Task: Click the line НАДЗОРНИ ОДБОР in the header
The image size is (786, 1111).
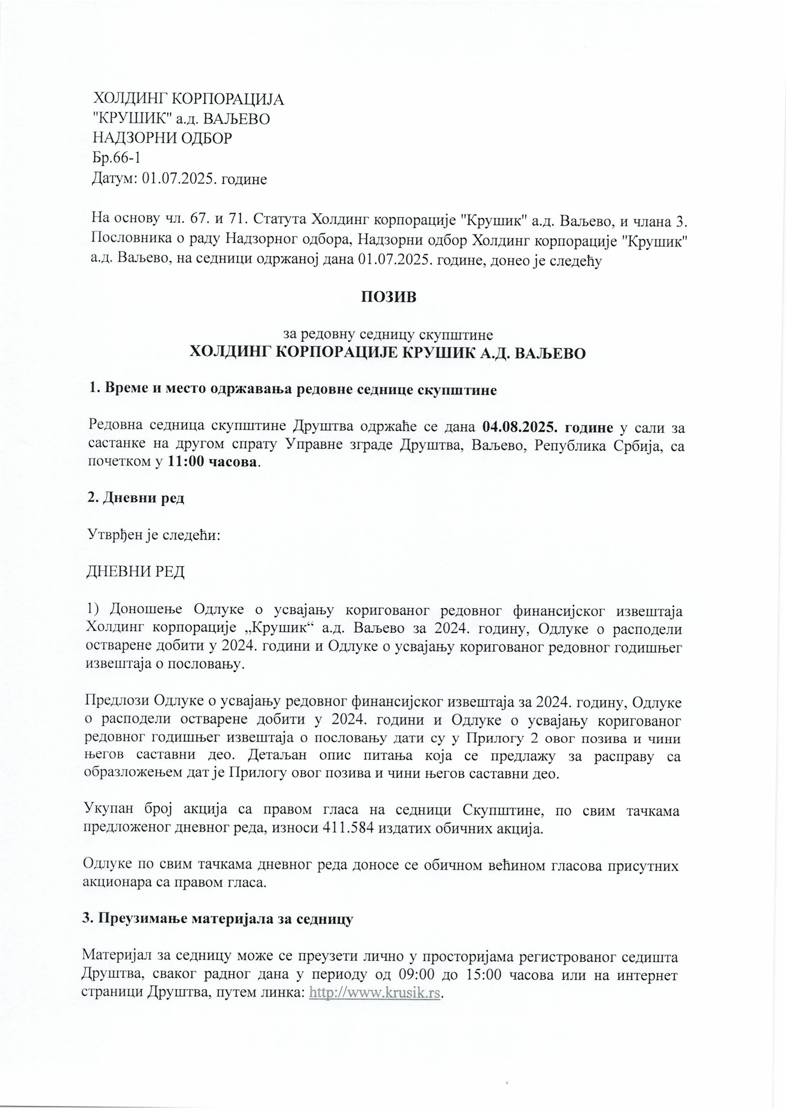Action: tap(162, 138)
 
